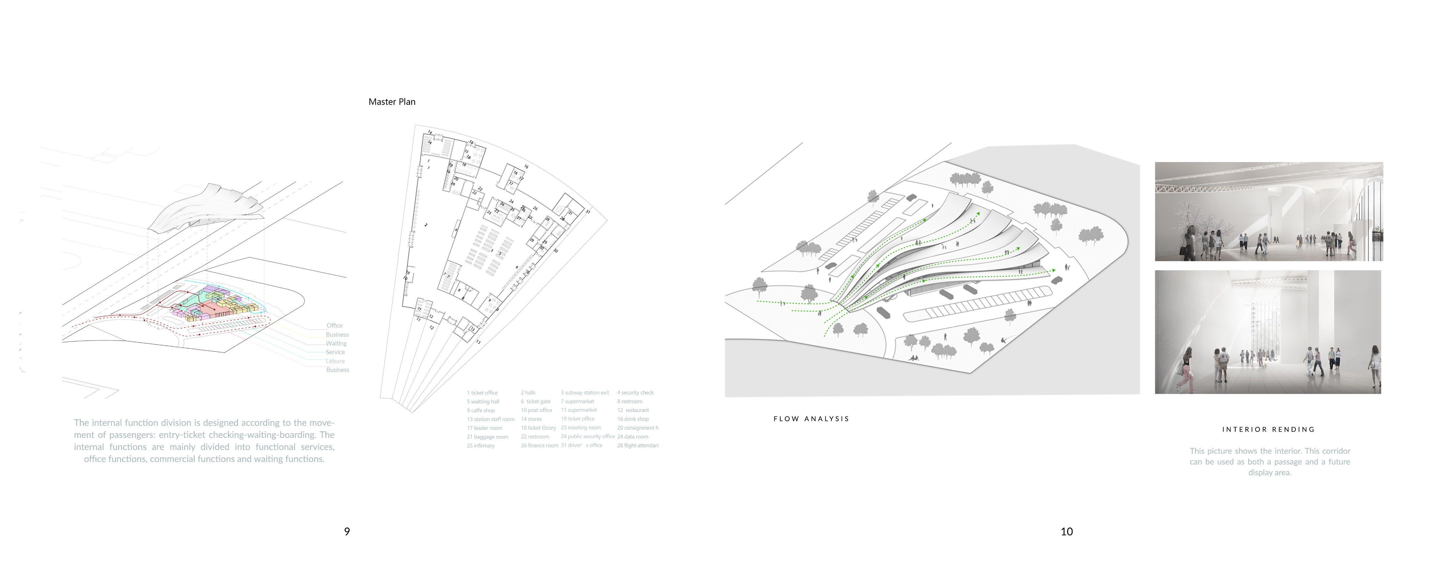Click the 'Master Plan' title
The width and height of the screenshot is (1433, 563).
(392, 102)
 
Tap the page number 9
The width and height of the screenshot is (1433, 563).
(347, 531)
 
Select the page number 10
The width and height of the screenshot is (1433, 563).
(1067, 531)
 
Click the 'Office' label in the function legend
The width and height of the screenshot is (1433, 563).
(334, 325)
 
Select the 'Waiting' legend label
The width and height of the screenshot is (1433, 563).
(336, 343)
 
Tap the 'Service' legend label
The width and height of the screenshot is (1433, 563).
(336, 352)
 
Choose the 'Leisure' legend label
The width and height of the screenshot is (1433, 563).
(336, 361)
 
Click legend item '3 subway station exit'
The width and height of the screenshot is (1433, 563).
(585, 393)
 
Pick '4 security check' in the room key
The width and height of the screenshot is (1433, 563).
(635, 393)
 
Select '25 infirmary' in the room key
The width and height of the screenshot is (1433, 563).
(481, 446)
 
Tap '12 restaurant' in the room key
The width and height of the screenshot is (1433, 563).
(633, 410)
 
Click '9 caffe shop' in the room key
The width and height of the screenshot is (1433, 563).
(481, 410)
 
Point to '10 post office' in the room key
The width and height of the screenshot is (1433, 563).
(536, 410)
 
